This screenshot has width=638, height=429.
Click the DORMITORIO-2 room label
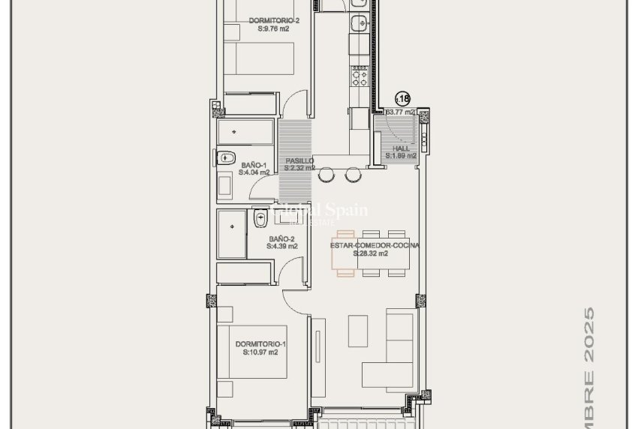click(274, 21)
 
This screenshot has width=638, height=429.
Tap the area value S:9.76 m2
click(274, 29)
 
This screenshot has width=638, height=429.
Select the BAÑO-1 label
click(254, 164)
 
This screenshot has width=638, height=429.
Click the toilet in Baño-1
click(226, 158)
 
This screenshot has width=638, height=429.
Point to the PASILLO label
click(299, 160)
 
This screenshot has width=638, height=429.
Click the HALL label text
click(401, 148)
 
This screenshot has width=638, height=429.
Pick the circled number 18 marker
click(403, 98)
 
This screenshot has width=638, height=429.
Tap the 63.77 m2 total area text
click(400, 112)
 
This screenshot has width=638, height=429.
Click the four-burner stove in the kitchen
click(360, 77)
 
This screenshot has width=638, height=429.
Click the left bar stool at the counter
click(327, 175)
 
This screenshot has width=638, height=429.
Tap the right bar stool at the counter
click(352, 175)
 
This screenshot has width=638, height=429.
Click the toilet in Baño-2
click(260, 218)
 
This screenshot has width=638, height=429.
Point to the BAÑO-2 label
click(281, 238)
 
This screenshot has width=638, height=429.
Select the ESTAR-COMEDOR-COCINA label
click(375, 245)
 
